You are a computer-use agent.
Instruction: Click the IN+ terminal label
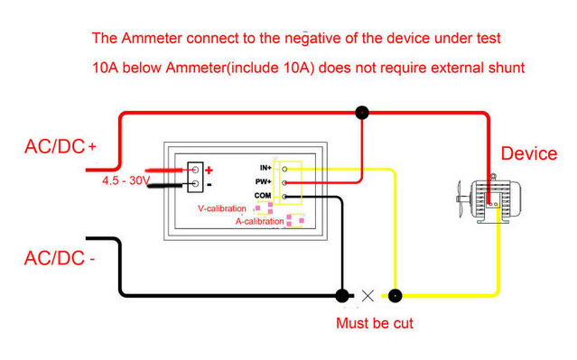pos(265,168)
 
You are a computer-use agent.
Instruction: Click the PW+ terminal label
pos(263,181)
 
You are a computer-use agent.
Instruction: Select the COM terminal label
pos(263,196)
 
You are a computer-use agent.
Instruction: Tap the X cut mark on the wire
pos(368,296)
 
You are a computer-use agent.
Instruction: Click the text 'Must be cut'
pos(375,324)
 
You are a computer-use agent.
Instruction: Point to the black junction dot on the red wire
pos(362,112)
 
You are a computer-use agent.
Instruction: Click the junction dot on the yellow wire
pos(395,296)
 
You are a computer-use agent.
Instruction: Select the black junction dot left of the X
pos(342,296)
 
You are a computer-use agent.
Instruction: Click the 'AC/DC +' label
pos(60,147)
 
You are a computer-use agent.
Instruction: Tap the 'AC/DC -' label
pos(60,258)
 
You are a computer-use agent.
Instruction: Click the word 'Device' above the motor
pos(529,153)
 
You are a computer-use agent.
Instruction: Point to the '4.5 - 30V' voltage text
pos(126,180)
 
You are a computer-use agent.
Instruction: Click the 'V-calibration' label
pos(222,208)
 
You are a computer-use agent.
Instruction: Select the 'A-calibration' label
pos(259,221)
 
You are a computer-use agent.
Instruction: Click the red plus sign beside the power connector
pos(209,171)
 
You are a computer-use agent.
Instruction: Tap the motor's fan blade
pos(460,198)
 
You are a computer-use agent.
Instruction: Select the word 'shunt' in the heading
pos(507,68)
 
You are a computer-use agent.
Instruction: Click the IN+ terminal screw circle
pos(284,169)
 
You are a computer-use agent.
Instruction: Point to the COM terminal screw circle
pos(284,197)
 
